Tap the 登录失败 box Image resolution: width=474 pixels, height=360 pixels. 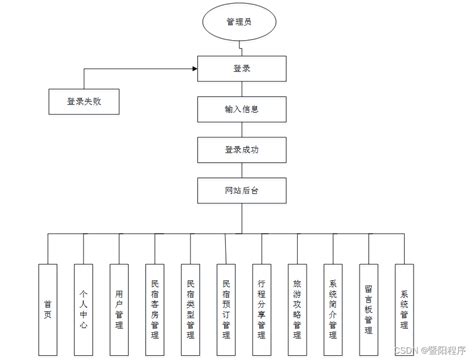tap(83, 101)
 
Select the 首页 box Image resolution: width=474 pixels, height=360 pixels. tap(47, 296)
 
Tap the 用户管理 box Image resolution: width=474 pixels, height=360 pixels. tap(119, 296)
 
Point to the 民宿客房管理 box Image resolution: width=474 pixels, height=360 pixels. tap(155, 296)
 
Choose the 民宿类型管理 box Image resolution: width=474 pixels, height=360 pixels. tap(191, 296)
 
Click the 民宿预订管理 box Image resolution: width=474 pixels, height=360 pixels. tap(226, 296)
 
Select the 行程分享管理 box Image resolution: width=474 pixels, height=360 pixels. tap(262, 296)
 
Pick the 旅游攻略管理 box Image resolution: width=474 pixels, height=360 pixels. tap(297, 296)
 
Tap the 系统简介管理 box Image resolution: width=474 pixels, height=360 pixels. tap(333, 296)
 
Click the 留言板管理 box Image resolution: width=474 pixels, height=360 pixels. tap(369, 296)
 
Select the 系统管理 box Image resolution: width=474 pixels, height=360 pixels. tap(404, 296)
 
